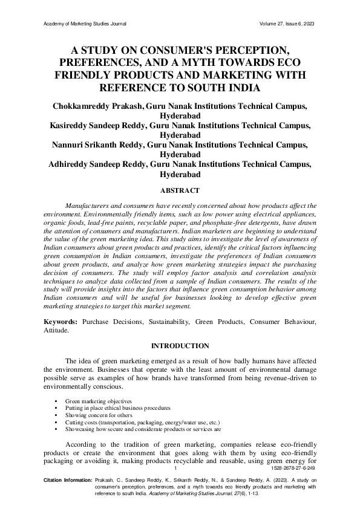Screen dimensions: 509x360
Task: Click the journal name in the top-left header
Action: [85, 24]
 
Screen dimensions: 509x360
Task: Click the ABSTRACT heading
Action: [180, 190]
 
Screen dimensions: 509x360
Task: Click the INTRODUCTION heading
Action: [180, 346]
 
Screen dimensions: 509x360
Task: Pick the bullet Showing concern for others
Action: [99, 415]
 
